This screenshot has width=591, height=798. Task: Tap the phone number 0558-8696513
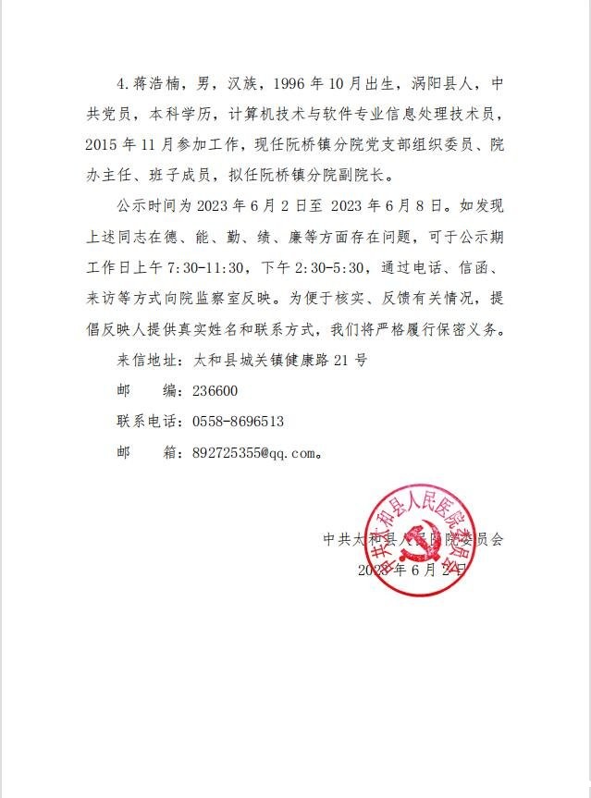click(238, 421)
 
